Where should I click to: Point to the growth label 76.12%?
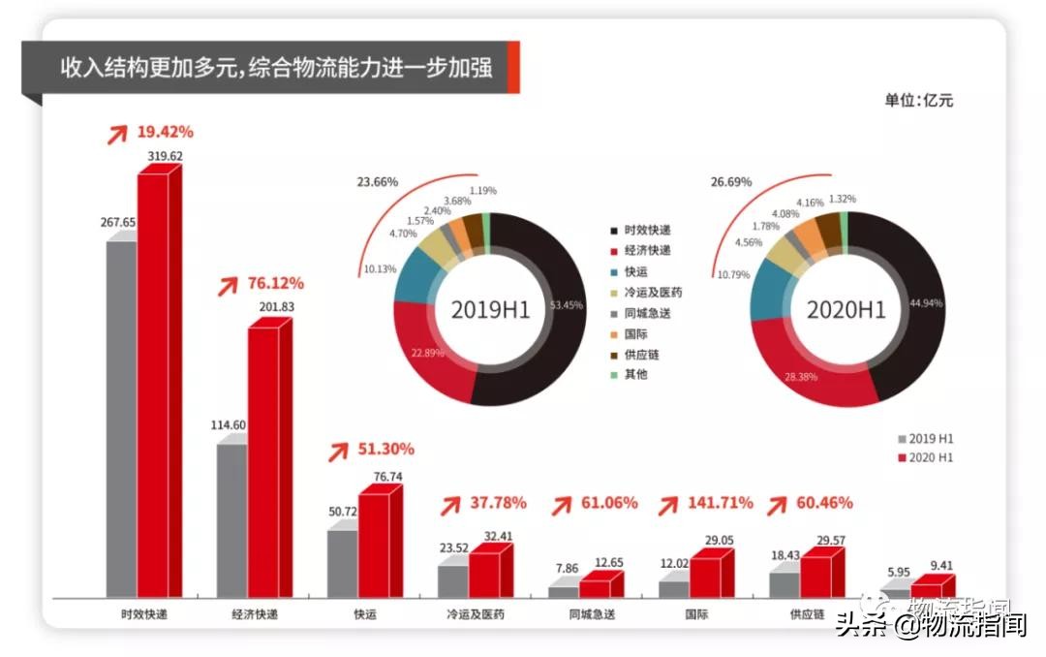[274, 283]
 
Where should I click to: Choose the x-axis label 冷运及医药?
[475, 614]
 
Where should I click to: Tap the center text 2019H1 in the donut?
[491, 310]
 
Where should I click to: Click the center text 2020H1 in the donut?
[847, 310]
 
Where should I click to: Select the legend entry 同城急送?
[647, 313]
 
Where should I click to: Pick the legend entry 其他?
[634, 375]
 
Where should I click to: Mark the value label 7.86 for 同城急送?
[563, 570]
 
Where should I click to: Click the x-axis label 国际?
[695, 614]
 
